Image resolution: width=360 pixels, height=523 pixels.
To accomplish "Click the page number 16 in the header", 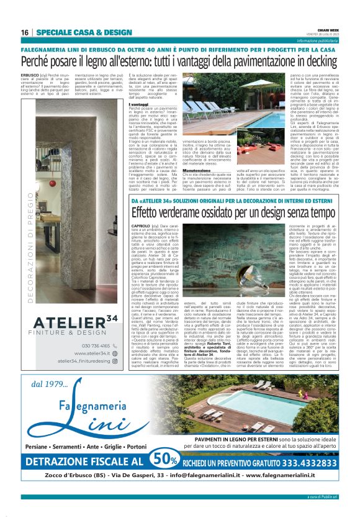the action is point(25,32).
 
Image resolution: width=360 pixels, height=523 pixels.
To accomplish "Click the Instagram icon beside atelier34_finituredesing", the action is point(115,361).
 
